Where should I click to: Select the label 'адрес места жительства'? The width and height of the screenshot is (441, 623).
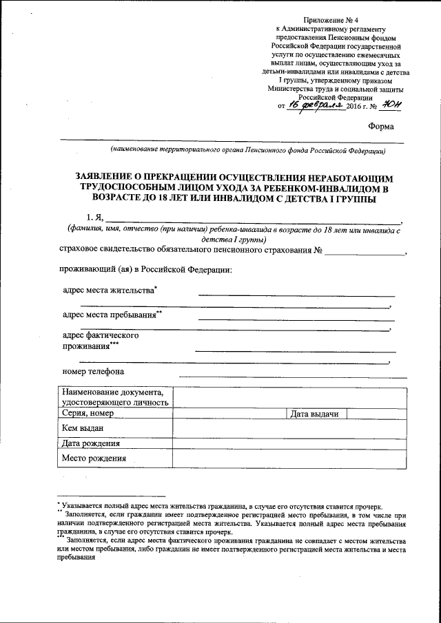pyautogui.click(x=109, y=291)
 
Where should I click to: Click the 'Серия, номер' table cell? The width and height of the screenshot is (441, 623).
pyautogui.click(x=88, y=413)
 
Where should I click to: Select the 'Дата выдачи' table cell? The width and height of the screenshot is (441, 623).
pyautogui.click(x=314, y=413)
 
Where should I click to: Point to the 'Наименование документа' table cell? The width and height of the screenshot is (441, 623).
pyautogui.click(x=114, y=397)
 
